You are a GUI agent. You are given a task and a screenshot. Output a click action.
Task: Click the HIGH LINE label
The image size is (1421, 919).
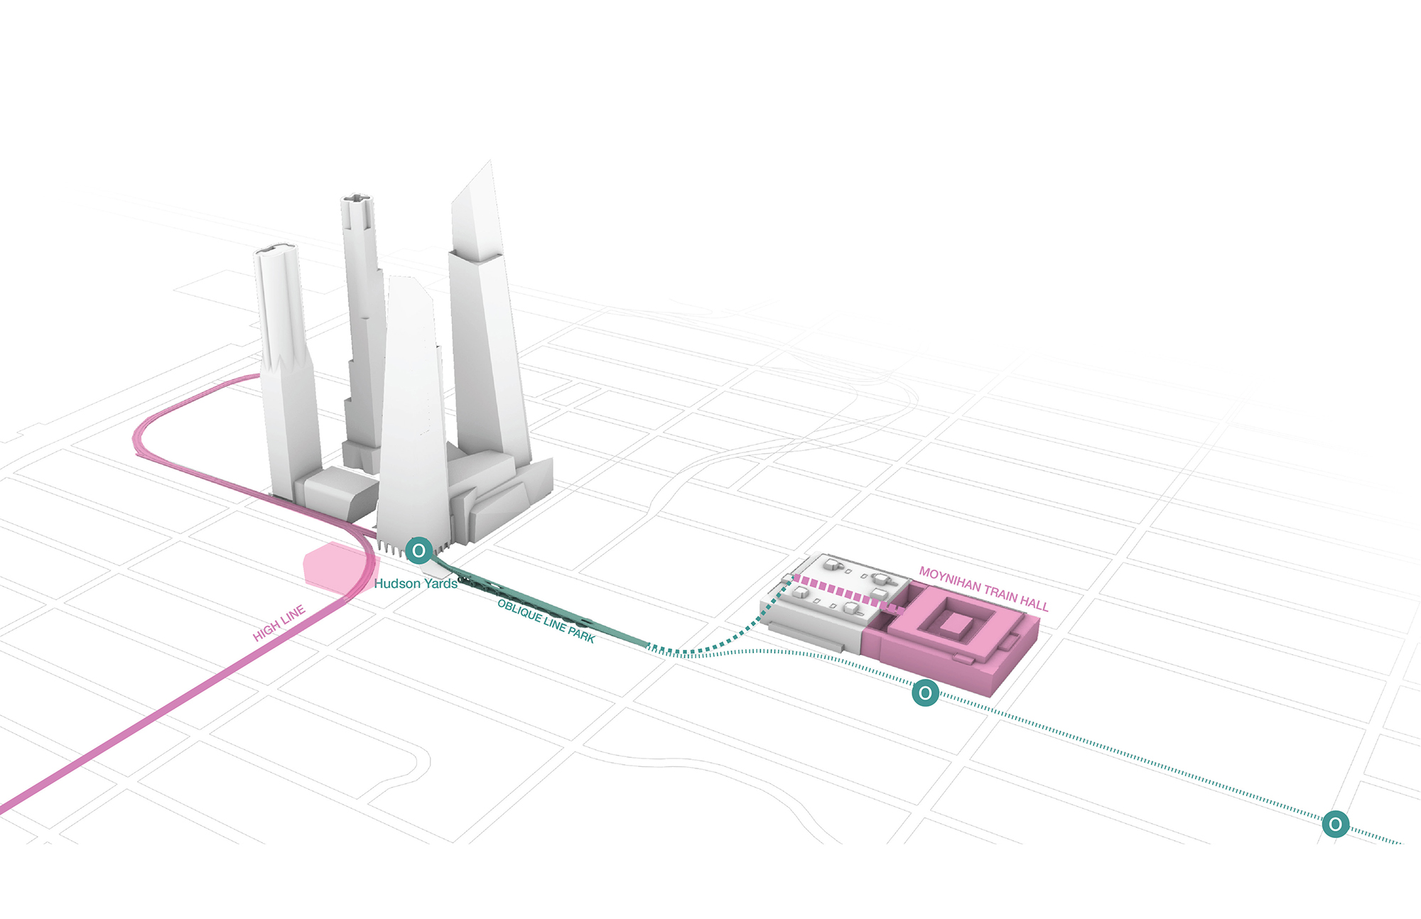point(279,623)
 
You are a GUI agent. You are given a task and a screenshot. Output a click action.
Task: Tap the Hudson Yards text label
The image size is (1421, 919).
point(416,584)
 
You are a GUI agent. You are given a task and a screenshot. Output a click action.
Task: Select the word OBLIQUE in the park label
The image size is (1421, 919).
point(519,611)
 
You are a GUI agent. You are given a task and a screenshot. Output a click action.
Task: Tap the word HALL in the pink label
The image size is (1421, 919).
point(1034,604)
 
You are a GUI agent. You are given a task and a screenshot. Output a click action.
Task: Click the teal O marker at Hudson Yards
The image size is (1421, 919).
point(419,550)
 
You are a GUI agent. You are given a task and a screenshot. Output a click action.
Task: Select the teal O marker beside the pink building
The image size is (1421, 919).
point(925,692)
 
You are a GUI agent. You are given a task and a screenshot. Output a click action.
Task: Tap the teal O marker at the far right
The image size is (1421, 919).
point(1335,824)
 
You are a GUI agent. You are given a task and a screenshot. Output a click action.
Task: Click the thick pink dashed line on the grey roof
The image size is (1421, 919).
point(845,593)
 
